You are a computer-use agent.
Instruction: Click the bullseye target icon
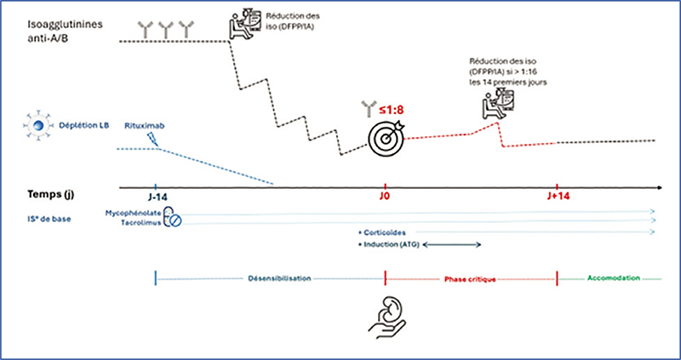pos(383,134)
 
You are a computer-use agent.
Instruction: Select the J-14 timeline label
pos(155,197)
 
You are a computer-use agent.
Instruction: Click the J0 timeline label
pos(386,197)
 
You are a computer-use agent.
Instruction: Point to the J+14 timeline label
pos(556,197)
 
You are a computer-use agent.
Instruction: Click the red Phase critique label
pos(471,277)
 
